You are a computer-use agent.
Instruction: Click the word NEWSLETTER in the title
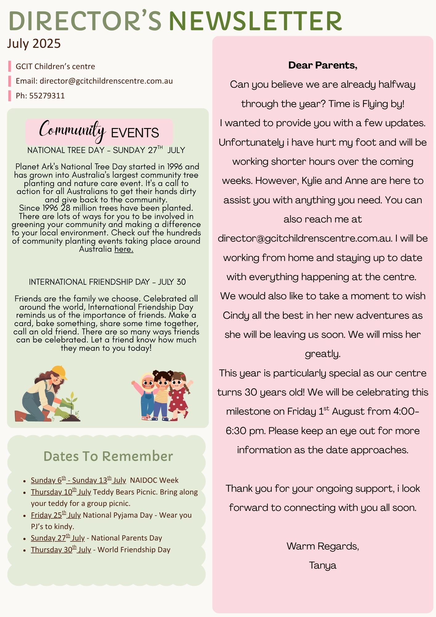255,21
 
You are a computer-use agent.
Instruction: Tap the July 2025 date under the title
34,43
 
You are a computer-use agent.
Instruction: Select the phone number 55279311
47,96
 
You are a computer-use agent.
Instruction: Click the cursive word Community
72,130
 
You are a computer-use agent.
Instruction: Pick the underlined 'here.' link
124,249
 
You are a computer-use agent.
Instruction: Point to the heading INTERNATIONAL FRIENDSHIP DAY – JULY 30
107,282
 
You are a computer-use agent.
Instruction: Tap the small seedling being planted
72,401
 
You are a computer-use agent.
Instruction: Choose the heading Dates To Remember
108,456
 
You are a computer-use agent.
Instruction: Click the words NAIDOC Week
154,480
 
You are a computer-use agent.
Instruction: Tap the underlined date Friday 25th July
56,515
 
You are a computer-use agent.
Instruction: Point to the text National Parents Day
126,538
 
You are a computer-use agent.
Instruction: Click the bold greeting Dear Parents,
323,65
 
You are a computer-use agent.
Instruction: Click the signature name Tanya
323,565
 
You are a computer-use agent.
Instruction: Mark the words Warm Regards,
323,546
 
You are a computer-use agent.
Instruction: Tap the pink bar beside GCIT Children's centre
10,66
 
